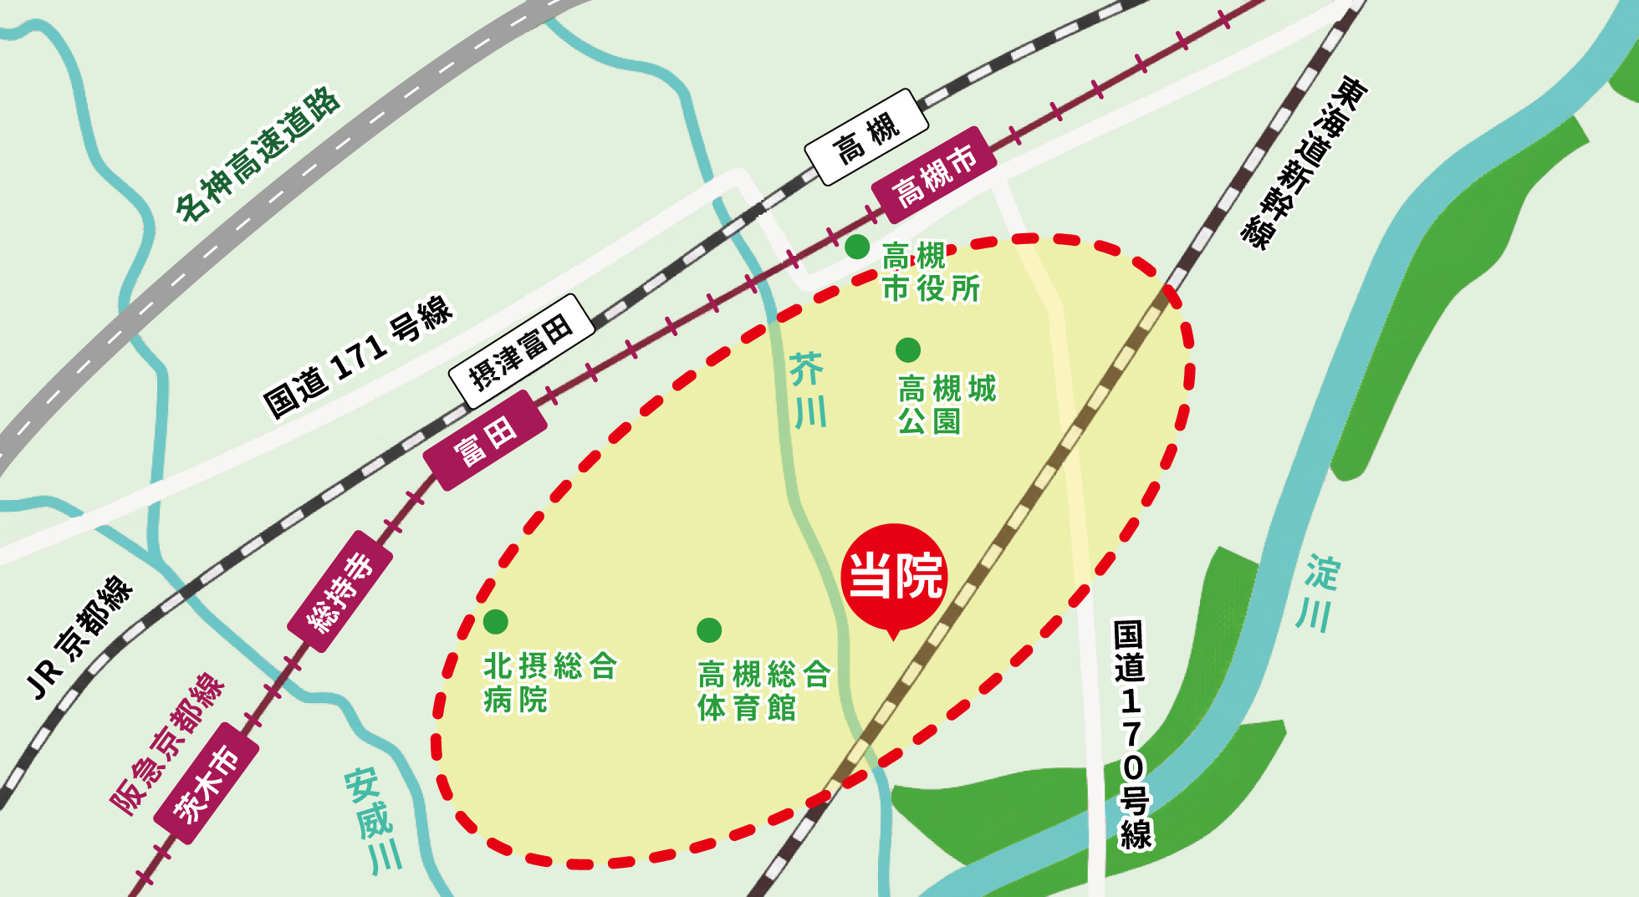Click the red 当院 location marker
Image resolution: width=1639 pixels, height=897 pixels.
pos(894,576)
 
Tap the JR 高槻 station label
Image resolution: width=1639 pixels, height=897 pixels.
pos(866,136)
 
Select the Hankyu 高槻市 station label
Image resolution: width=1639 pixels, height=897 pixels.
pos(934,176)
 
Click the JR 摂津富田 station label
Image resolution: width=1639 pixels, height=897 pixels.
pos(521,351)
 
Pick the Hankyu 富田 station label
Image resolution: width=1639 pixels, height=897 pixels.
pos(485,441)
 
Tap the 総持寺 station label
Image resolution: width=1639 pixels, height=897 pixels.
pos(340,592)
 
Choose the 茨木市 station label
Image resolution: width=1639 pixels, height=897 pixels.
pos(206,784)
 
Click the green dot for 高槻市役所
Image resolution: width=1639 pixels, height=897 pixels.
pos(857,247)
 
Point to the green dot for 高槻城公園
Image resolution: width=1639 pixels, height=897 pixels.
pos(908,349)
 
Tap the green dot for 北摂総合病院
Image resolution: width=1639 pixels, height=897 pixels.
pos(496,622)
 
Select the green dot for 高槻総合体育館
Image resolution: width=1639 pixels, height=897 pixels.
pos(709,630)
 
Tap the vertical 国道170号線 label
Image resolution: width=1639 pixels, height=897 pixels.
pos(1132,735)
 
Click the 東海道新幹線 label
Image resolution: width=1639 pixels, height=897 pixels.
pos(1303,162)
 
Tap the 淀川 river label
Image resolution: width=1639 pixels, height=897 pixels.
pos(1319,592)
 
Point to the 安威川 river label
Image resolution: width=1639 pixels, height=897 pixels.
pos(375,820)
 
